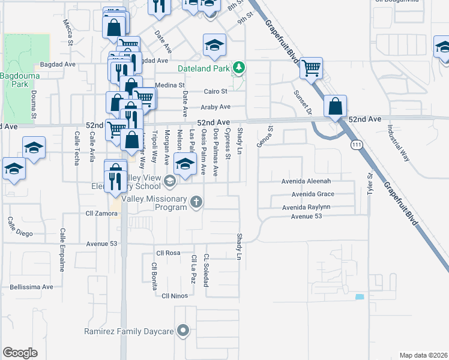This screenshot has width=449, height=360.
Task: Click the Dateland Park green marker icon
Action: [240, 67]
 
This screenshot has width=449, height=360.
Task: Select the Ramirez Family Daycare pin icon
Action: [184, 330]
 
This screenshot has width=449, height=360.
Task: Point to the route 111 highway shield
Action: [357, 145]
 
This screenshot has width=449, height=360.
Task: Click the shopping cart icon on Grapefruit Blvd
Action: [312, 68]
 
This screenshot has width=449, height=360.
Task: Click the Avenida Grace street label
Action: [313, 194]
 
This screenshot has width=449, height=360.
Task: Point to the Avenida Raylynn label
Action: [315, 207]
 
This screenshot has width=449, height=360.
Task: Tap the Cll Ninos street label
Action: [175, 295]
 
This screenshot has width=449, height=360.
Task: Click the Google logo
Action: [20, 353]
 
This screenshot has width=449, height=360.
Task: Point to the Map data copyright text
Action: [423, 355]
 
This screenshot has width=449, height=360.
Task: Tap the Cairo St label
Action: [216, 92]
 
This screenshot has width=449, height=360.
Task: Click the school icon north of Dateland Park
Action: [214, 45]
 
